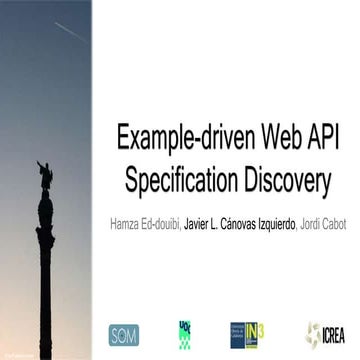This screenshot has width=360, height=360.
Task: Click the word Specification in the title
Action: coord(181,182)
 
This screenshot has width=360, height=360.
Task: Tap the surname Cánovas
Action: coord(273,224)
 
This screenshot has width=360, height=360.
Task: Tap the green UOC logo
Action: coord(184,332)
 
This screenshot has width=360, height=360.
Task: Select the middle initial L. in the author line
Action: coord(248,224)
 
